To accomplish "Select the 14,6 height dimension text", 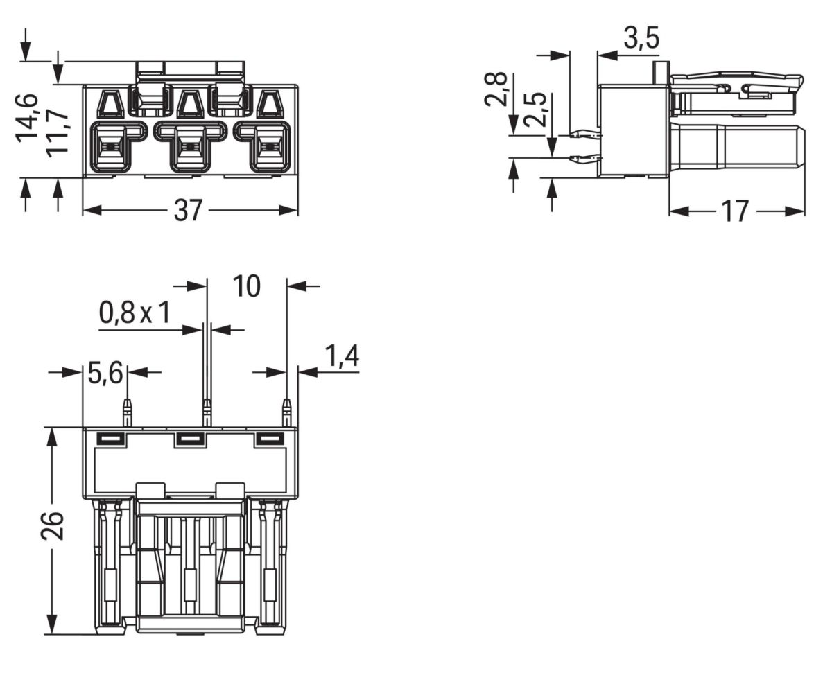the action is coord(27,119).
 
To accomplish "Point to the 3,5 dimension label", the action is coord(641,38).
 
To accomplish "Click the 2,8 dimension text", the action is coord(496,89).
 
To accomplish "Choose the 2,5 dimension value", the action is coord(535,110).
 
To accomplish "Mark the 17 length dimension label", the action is coord(735,211).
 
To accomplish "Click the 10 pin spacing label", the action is coord(246,286).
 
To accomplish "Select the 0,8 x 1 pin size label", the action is coord(135,313).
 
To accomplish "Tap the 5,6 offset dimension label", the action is coord(105,373).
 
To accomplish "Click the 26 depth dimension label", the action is coord(52,526).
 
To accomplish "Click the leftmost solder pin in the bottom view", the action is coord(128,413).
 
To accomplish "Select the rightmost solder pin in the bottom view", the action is coord(287,413).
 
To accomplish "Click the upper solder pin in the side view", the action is coord(586,135).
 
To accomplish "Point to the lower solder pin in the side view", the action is coord(586,159).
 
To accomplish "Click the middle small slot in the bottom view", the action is coord(191,439).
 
